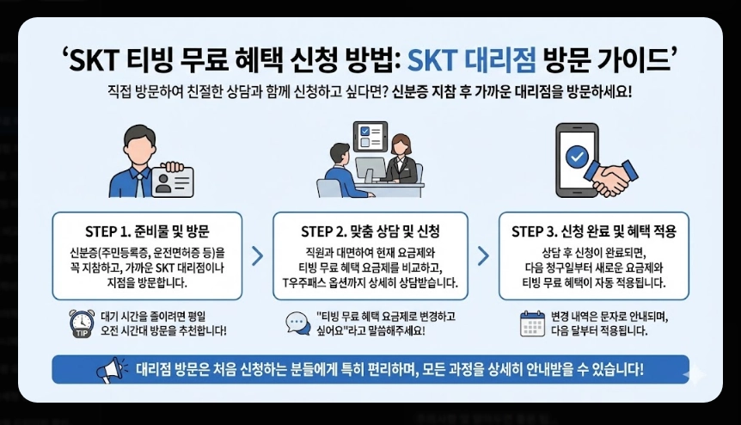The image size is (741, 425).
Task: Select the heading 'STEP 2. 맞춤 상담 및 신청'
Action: point(370,231)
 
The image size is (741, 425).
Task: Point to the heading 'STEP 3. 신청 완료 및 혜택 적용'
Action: point(594,231)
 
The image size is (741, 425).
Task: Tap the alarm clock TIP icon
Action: point(82,323)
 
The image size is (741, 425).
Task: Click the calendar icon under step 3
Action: point(533,323)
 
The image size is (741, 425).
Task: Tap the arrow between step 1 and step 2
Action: point(256,256)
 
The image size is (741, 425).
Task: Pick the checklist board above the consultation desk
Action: point(369,138)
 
